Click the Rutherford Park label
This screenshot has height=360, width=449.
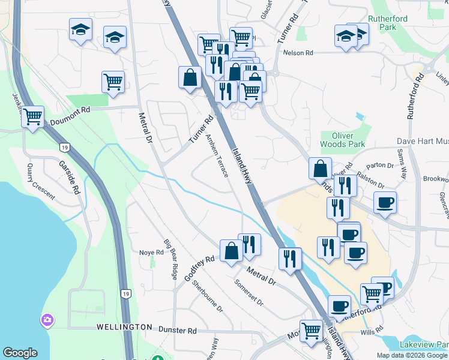pyautogui.click(x=388, y=23)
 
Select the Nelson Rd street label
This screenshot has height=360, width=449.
pyautogui.click(x=300, y=53)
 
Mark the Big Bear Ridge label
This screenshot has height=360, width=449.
pyautogui.click(x=171, y=259)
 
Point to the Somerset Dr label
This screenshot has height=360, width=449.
pyautogui.click(x=249, y=292)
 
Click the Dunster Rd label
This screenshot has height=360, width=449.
pyautogui.click(x=178, y=330)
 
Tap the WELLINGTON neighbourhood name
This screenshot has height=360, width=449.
pyautogui.click(x=124, y=327)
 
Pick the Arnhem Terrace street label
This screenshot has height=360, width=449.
pyautogui.click(x=217, y=155)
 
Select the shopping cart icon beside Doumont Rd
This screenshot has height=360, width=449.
pyautogui.click(x=32, y=116)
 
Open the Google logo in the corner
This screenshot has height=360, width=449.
pyautogui.click(x=20, y=353)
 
